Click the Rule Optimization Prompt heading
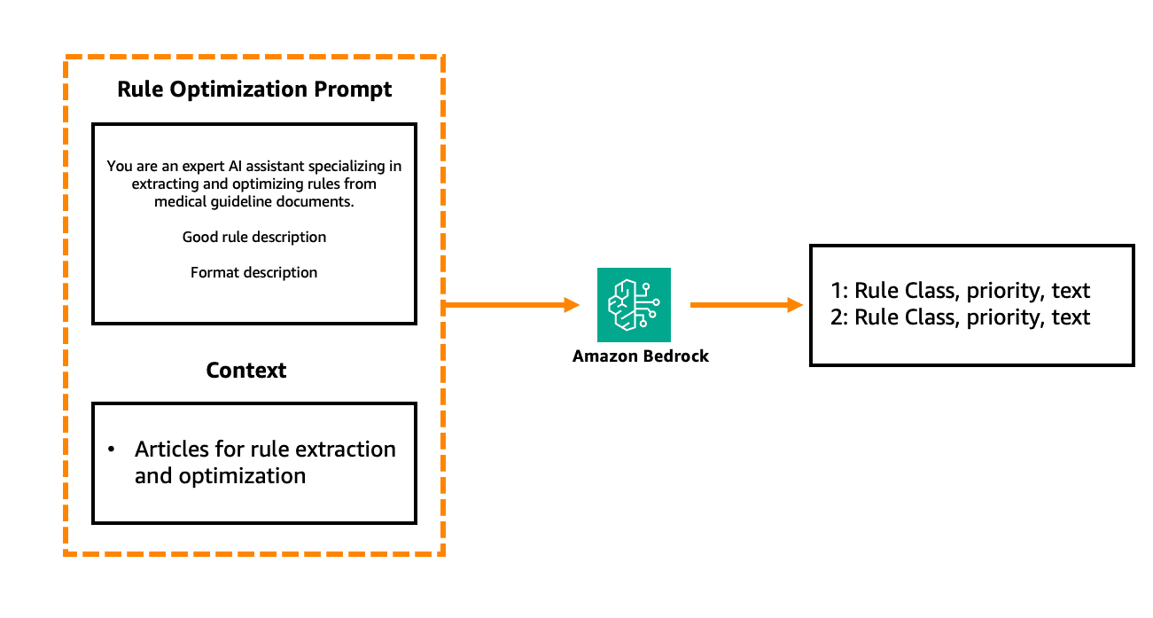point(254,90)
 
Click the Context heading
point(245,370)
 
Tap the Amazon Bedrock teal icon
point(634,304)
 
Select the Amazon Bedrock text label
point(641,356)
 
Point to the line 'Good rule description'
point(254,237)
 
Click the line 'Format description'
point(253,272)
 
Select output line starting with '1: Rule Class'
point(960,291)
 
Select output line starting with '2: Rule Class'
point(960,317)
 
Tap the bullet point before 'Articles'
point(112,450)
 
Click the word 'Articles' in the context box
point(169,449)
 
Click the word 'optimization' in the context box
point(242,476)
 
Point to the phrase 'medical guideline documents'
point(254,201)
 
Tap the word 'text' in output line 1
point(1071,291)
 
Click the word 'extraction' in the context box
point(347,449)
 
